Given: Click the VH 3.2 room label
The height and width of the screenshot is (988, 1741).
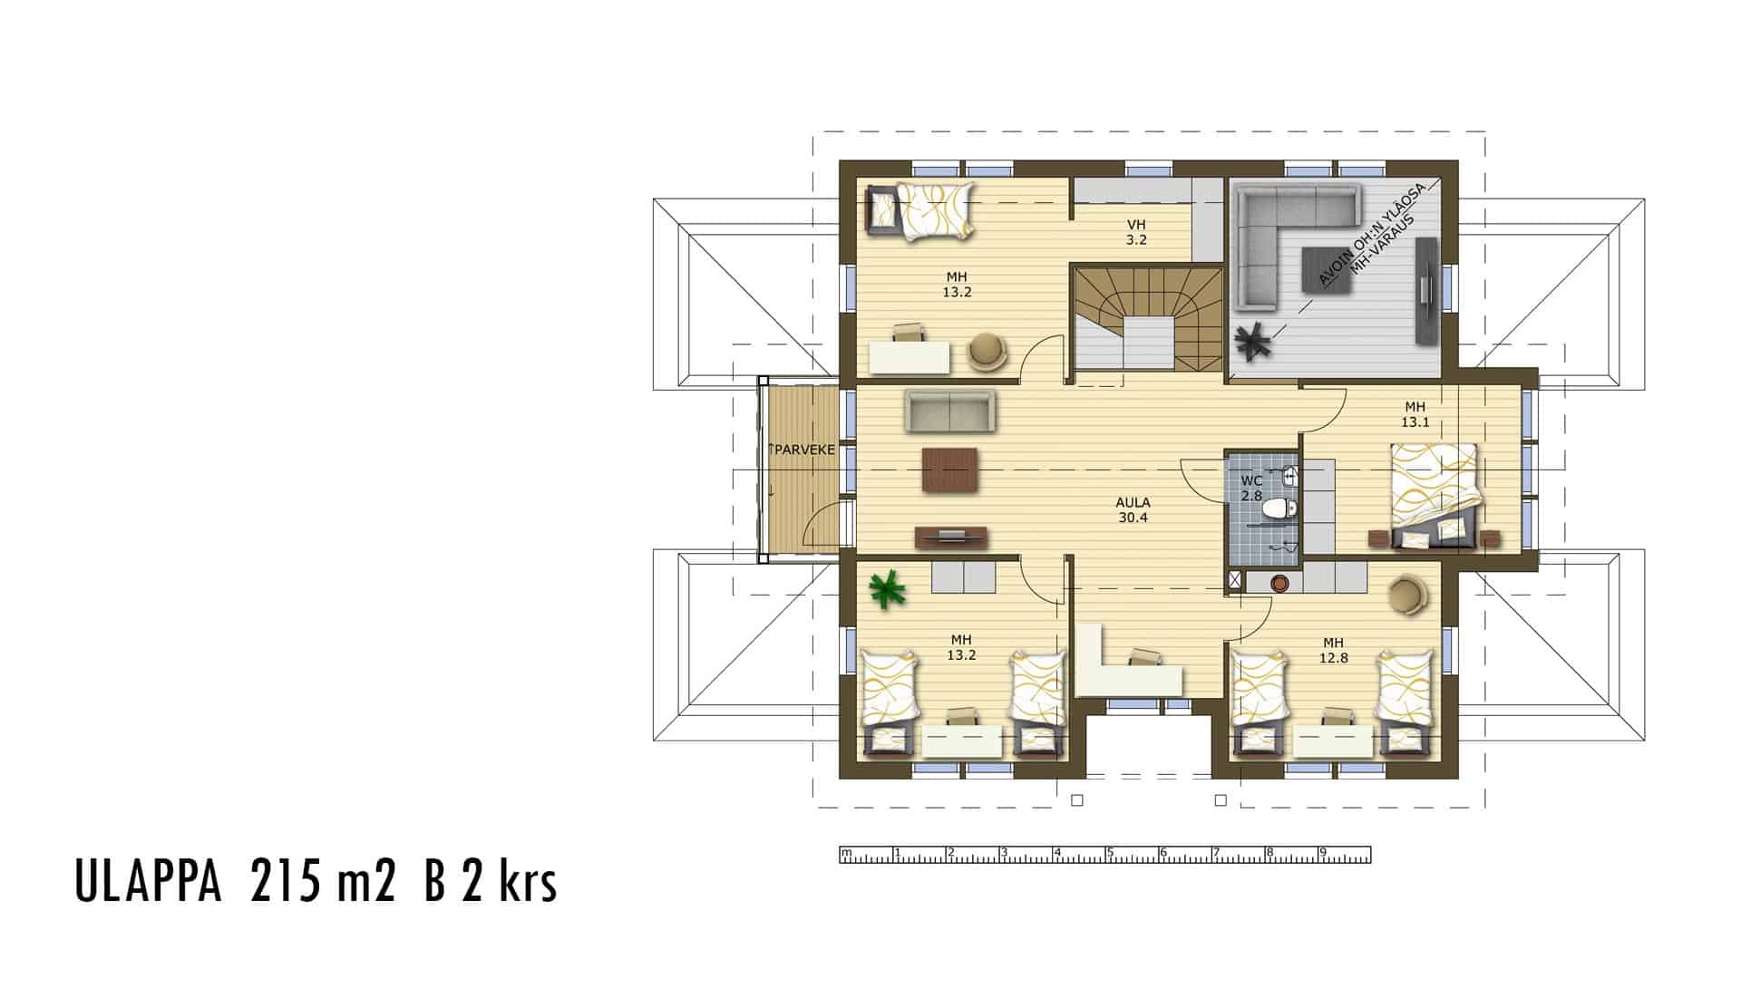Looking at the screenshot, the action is point(1137,232).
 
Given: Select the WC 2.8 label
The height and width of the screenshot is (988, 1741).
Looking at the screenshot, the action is point(1251,488).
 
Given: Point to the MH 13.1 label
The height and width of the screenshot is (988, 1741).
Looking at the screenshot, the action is point(1415,414).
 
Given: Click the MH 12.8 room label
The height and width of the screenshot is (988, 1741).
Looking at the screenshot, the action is point(1333,650).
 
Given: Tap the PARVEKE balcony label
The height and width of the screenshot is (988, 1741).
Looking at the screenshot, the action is point(802,449).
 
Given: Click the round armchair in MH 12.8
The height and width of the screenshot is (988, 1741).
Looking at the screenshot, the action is point(1406,594).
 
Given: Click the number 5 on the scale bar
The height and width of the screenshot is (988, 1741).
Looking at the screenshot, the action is point(1109,852).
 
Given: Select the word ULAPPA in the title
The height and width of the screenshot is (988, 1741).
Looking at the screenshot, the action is point(148,883).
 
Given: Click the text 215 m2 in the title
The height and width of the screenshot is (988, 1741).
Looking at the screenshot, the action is point(323,883).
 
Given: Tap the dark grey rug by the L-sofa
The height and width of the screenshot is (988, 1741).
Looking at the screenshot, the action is point(1329,270).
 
